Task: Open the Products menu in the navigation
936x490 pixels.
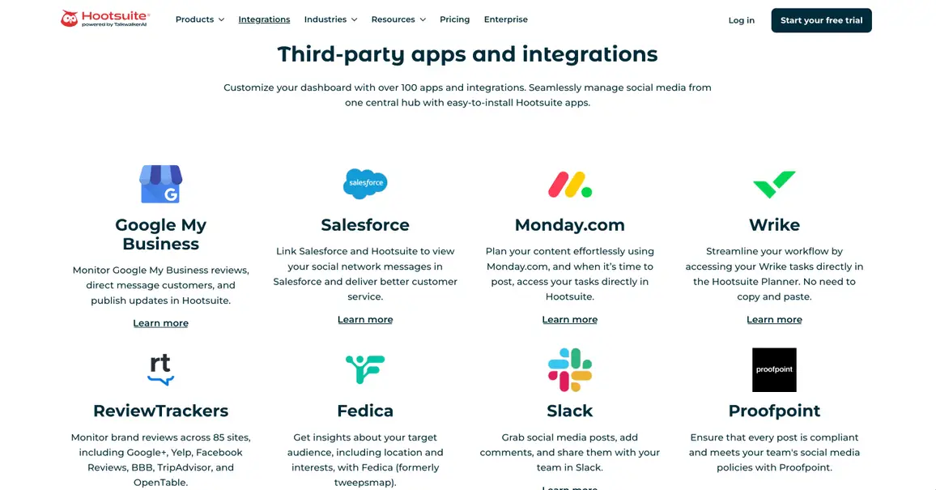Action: coord(199,19)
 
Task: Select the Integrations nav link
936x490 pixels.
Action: coord(264,19)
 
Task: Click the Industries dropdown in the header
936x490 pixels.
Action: coord(330,19)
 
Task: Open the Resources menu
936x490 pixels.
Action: coord(398,19)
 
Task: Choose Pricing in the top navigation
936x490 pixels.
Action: coord(454,19)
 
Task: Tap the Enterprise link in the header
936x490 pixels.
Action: coord(505,19)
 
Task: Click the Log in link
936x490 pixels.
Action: coord(741,20)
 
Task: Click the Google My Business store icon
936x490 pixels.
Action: coord(160,184)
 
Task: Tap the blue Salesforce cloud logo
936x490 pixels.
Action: coord(365,184)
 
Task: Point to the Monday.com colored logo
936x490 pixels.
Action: coord(570,185)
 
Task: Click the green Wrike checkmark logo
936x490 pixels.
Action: coord(774,185)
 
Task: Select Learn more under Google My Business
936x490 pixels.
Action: coord(160,323)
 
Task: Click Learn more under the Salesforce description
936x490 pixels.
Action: coord(365,320)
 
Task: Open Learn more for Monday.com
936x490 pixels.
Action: coord(570,320)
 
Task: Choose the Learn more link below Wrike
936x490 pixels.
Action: coord(774,320)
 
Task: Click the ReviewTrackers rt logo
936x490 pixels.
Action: coord(160,369)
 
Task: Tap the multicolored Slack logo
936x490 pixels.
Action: coord(570,370)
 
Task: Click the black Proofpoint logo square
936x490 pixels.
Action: coord(774,370)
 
